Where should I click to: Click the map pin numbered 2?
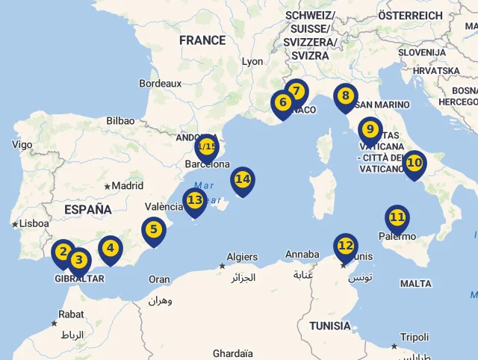[63, 252]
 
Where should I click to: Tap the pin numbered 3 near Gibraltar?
[79, 261]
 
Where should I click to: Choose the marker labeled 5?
[153, 230]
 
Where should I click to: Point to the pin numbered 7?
[297, 92]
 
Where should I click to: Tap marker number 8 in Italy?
[345, 96]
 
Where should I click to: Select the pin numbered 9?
[370, 130]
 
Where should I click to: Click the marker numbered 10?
[414, 163]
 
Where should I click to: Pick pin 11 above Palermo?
[397, 218]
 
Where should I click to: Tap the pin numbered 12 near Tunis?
[345, 246]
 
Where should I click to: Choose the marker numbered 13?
[195, 200]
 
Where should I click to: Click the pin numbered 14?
[243, 179]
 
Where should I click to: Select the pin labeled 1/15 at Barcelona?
[207, 146]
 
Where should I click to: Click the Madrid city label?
[127, 186]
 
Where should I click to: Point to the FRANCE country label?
[202, 40]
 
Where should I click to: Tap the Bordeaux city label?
[160, 84]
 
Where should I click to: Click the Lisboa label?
[35, 223]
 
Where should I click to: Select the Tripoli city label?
[415, 337]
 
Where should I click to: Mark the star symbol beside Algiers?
[222, 266]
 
